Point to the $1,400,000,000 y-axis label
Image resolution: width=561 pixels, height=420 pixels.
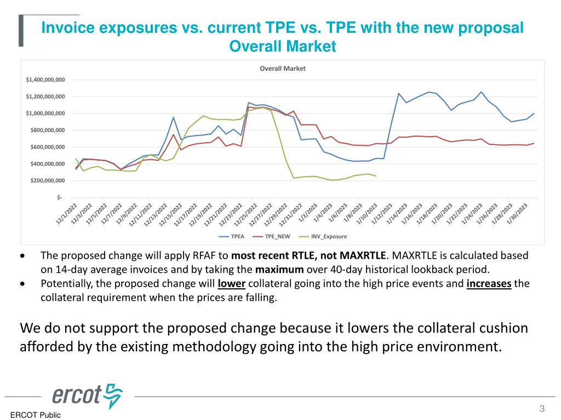click(x=45, y=80)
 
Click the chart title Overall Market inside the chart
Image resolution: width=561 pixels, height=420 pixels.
click(x=282, y=68)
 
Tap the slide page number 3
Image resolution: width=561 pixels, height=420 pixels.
click(x=542, y=409)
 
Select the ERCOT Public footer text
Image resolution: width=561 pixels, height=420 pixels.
click(x=35, y=415)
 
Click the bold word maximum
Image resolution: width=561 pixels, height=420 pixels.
click(x=279, y=269)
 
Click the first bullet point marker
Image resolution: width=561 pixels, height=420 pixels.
click(x=21, y=255)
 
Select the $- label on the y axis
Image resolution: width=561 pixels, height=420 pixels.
click(x=59, y=197)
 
